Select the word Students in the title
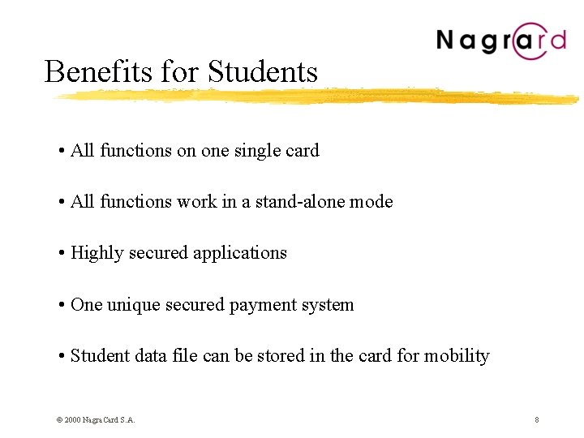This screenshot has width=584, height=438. click(x=262, y=71)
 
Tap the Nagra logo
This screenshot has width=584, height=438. click(x=500, y=41)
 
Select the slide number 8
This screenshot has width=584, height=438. click(x=537, y=419)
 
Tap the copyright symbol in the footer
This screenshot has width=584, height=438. click(x=59, y=419)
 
